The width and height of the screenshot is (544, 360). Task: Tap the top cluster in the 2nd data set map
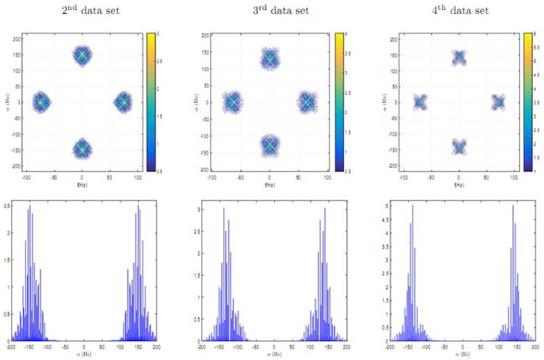82,56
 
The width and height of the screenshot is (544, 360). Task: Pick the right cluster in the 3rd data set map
307,102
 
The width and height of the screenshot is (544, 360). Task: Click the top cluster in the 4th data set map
459,57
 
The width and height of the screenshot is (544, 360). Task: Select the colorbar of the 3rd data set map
338,102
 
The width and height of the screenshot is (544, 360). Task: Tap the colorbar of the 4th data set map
527,102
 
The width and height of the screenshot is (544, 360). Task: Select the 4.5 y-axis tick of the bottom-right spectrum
385,220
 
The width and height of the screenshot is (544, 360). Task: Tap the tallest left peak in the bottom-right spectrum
412,206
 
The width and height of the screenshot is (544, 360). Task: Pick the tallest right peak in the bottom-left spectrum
138,206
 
